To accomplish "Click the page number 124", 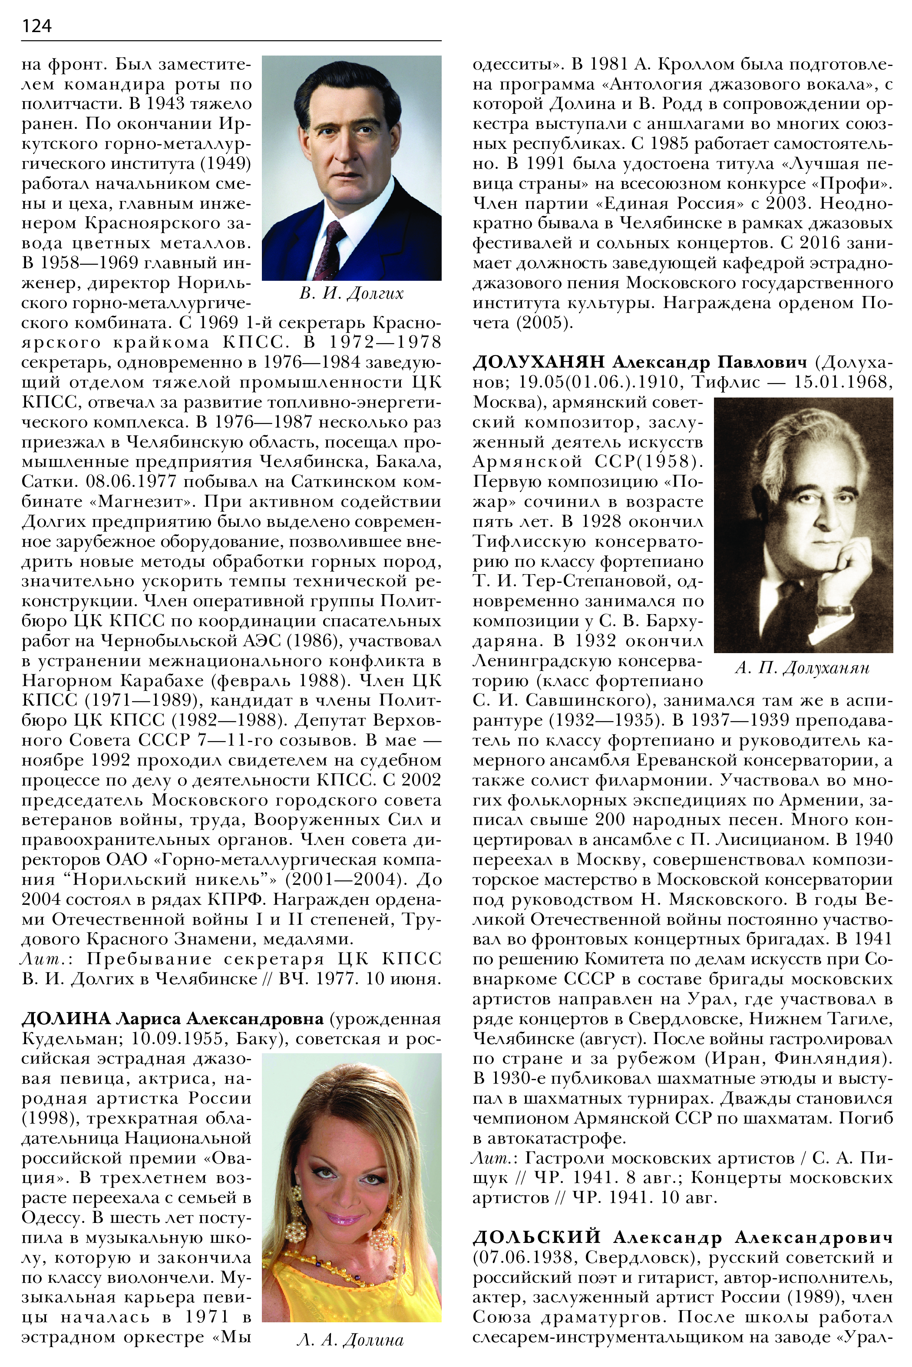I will [36, 26].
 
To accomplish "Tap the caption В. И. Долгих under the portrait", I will [351, 293].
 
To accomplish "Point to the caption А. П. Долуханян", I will [802, 668].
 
